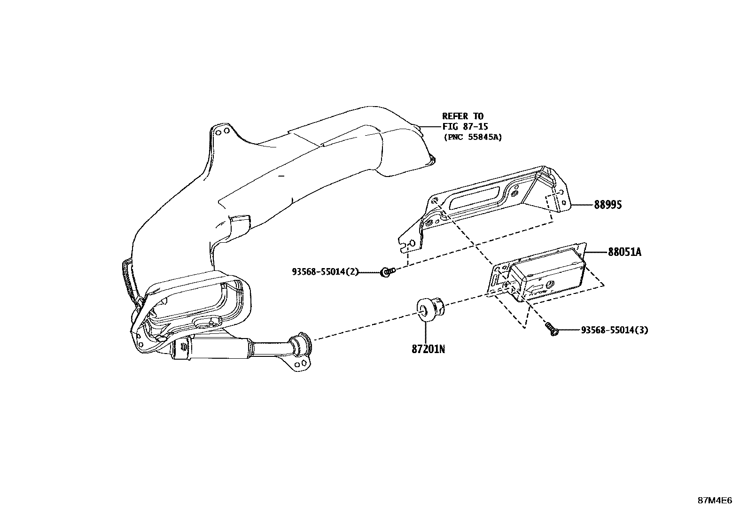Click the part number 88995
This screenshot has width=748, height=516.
608,205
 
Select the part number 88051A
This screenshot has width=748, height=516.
624,252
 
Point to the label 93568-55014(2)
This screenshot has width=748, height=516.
325,271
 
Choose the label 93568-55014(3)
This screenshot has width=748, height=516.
614,330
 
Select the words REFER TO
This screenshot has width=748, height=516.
462,116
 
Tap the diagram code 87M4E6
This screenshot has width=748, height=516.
714,501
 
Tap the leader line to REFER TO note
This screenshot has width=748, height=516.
430,126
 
